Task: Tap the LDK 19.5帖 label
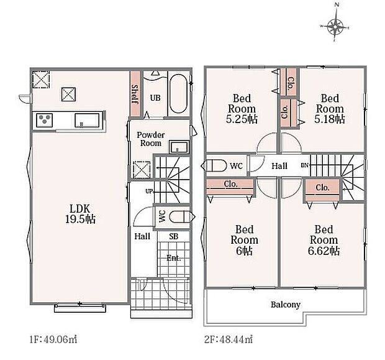80,214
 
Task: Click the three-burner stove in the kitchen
45,120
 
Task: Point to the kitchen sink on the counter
87,121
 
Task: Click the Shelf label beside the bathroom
135,94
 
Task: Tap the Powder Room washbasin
179,147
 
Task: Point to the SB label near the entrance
173,236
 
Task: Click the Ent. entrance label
174,258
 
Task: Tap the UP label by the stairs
149,191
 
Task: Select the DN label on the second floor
304,165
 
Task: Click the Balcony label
285,305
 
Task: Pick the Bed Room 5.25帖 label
242,109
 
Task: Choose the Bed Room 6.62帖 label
324,240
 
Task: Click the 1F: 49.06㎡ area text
53,339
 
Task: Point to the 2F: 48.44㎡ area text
229,339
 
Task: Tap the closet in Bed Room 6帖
230,187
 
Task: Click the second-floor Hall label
279,166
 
